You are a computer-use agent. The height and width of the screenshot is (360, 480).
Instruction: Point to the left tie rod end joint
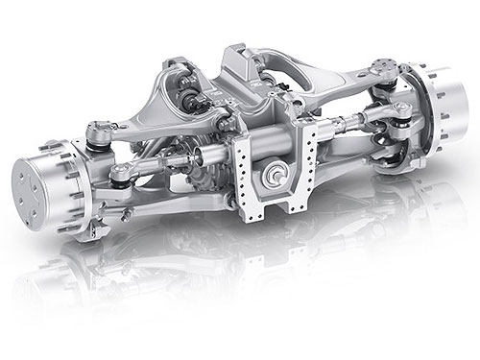point(119,174)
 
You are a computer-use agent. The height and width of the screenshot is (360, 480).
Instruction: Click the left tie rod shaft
point(173,163)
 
